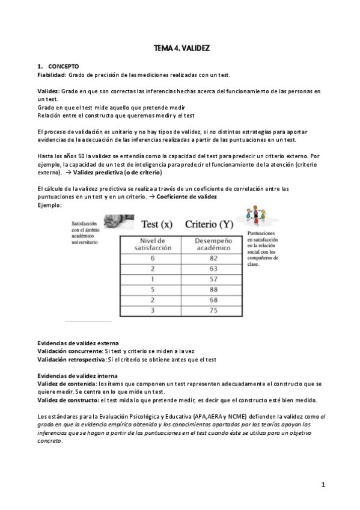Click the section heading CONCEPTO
(64, 66)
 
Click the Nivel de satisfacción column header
(144, 243)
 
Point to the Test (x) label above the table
(157, 224)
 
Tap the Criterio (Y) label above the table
(209, 224)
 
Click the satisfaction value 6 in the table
(144, 257)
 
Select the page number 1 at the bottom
(323, 485)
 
